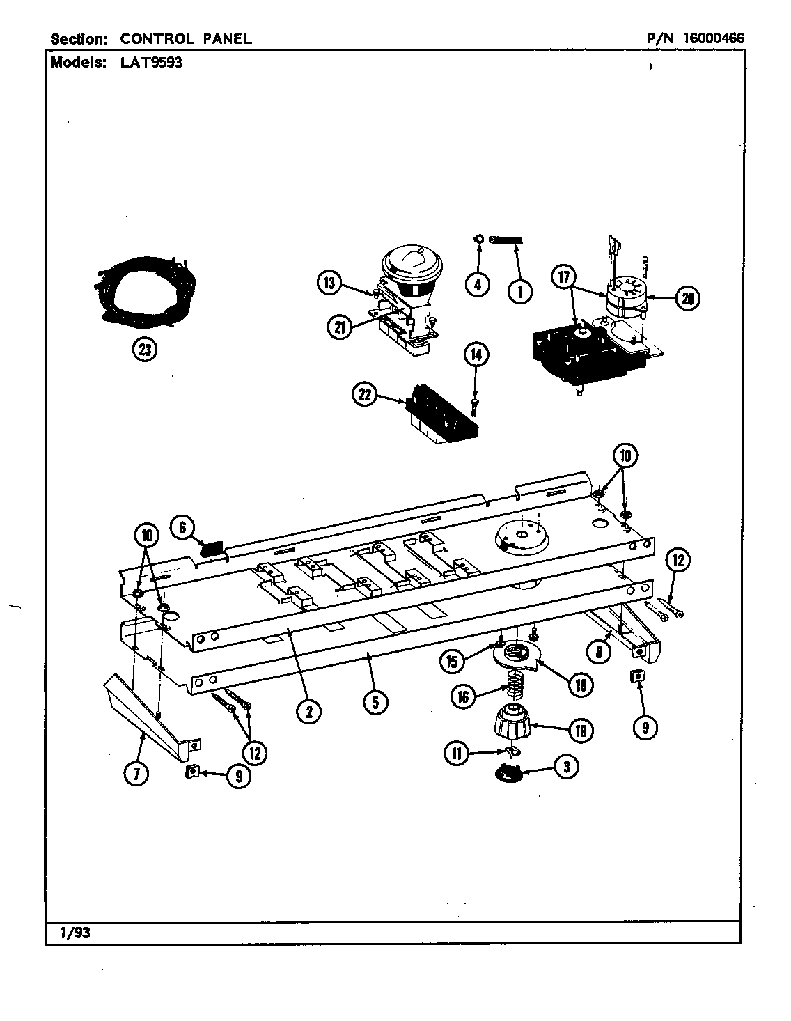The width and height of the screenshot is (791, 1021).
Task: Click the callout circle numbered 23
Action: (145, 350)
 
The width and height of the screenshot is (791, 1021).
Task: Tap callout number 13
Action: (330, 283)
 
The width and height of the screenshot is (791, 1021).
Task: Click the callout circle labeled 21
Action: (339, 327)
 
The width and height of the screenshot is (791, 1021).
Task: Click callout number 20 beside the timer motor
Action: (687, 298)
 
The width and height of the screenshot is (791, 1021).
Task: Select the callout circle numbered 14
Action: (476, 354)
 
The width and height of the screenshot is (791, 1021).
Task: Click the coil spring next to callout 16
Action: (513, 689)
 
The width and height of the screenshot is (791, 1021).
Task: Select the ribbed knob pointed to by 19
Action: (512, 725)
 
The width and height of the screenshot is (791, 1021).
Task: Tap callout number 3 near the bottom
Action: (565, 767)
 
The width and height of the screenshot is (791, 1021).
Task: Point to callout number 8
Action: (599, 652)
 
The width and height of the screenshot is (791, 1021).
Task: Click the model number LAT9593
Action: (146, 62)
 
